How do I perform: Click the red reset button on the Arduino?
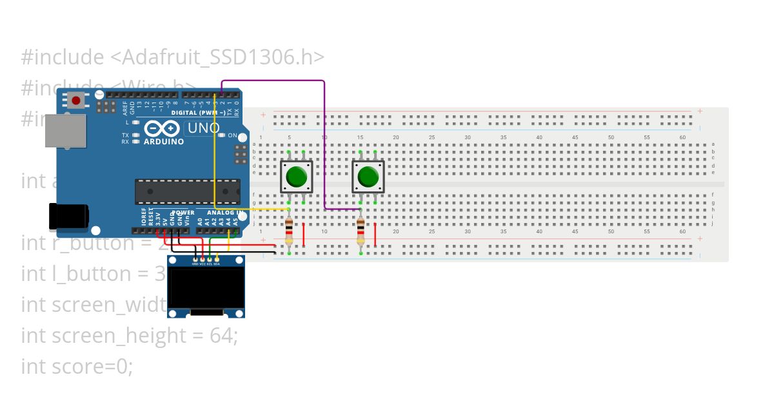[77, 101]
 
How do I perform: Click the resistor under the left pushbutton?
[289, 231]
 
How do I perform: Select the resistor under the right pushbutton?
[361, 231]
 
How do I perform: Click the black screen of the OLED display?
[206, 287]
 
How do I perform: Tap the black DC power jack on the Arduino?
[68, 216]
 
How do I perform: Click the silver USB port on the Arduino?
[65, 131]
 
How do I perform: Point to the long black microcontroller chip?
[187, 191]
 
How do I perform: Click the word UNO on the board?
[203, 128]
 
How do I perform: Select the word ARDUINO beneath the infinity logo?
[163, 141]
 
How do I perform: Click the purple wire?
[324, 142]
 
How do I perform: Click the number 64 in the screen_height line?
[223, 335]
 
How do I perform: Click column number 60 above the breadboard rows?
[682, 137]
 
